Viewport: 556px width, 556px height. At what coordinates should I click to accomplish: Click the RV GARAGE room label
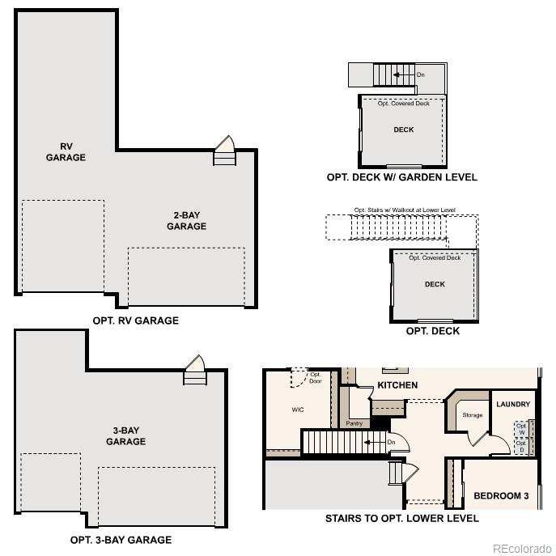(x=66, y=152)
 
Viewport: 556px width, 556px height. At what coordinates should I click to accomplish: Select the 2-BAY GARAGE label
(x=186, y=221)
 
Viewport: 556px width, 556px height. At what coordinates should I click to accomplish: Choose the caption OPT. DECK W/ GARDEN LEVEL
(x=401, y=177)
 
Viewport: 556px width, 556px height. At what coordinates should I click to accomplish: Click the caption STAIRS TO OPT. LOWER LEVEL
(x=401, y=518)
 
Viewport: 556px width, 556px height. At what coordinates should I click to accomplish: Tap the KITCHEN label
(x=397, y=385)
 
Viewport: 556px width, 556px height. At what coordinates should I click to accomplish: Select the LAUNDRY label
(x=513, y=404)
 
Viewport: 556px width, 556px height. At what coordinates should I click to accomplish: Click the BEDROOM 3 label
(x=501, y=495)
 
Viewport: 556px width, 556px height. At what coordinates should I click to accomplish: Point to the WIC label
(x=298, y=410)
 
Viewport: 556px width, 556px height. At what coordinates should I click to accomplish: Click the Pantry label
(x=354, y=423)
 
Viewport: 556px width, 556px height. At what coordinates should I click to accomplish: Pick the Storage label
(x=473, y=415)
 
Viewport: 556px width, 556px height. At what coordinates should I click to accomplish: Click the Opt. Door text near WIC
(x=316, y=378)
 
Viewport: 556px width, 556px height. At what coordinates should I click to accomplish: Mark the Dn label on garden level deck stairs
(x=420, y=75)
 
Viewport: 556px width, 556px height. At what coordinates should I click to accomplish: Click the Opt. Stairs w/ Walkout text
(x=405, y=210)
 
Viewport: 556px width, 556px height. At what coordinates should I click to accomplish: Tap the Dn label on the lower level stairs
(x=391, y=442)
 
